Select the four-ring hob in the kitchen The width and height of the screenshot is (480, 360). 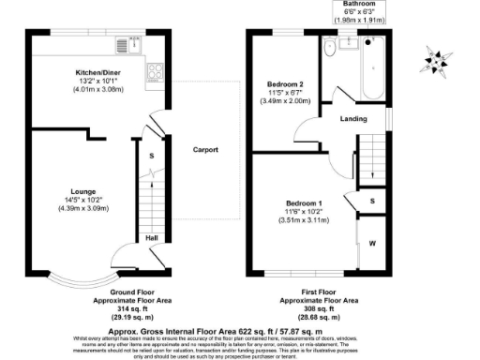(154, 70)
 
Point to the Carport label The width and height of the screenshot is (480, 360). (205, 149)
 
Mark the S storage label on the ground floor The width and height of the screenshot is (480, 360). (150, 155)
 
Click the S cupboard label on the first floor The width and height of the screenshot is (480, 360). (372, 201)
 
